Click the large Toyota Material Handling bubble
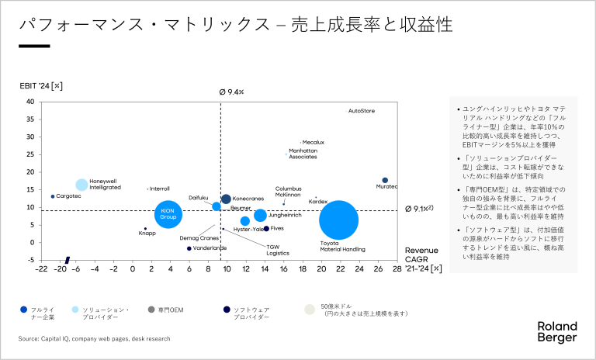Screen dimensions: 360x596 [x=338, y=220]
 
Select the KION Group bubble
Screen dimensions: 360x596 [x=168, y=215]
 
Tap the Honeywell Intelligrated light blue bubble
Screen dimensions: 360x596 [x=81, y=185]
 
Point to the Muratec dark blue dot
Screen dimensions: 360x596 [x=385, y=180]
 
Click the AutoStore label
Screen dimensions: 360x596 [x=362, y=111]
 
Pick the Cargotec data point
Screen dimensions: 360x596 [x=53, y=196]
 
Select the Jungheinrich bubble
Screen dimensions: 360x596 [x=260, y=216]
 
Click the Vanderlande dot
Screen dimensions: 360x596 [x=189, y=248]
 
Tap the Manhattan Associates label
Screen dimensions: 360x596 [x=303, y=154]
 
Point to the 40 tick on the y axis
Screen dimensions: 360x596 [x=29, y=102]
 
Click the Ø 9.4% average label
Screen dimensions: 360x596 [x=232, y=92]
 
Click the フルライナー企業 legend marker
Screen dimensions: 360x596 [x=25, y=310]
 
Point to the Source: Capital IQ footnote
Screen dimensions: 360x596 [x=94, y=338]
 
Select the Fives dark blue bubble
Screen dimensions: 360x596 [x=266, y=228]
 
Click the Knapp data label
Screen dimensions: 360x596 [x=147, y=233]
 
